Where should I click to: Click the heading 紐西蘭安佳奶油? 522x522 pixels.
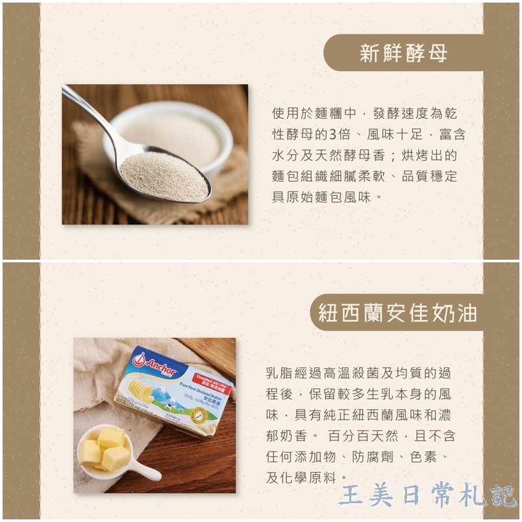[x=397, y=313]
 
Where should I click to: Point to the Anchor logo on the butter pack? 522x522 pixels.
[x=155, y=364]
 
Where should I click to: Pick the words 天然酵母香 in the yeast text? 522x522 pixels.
[x=364, y=156]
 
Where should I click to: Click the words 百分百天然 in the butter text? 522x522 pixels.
[x=360, y=436]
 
